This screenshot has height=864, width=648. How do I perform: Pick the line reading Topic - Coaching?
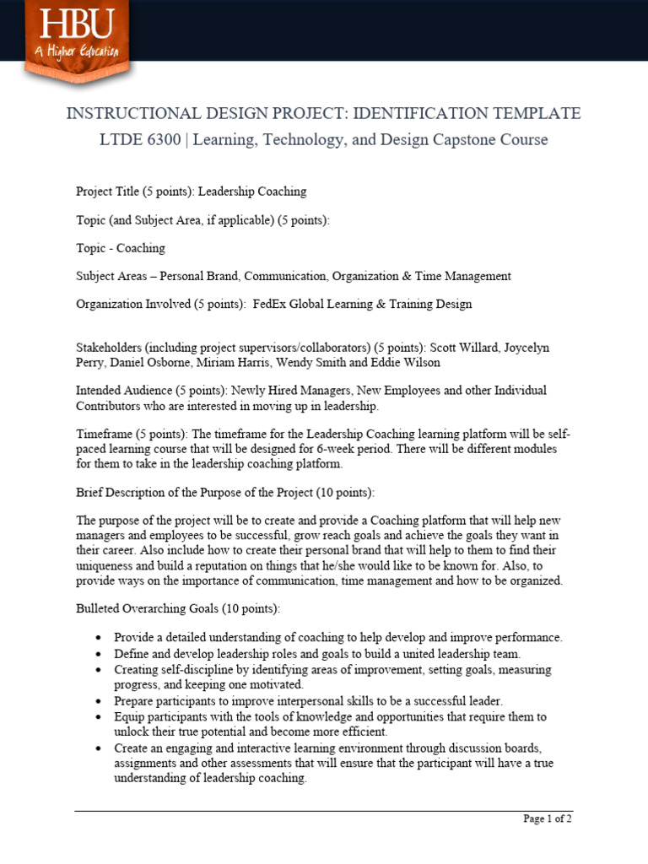click(121, 248)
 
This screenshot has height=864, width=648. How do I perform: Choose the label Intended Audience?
click(124, 391)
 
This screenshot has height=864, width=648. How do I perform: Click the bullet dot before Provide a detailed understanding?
click(100, 638)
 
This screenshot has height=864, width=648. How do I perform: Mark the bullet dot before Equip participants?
click(100, 717)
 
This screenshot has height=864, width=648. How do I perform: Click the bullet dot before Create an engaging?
click(100, 748)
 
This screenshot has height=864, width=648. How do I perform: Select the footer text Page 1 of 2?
click(548, 818)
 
